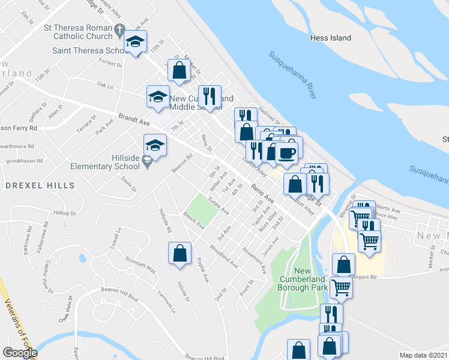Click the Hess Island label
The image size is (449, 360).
coord(330,38)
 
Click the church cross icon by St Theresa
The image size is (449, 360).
coord(119,28)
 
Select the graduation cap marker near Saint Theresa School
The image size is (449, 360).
coord(136,42)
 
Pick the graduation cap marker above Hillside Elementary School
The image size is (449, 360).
coord(155,145)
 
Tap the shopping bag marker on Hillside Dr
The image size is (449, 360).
coord(179,253)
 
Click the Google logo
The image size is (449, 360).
coord(19,353)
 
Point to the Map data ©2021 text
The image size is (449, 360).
coord(423,355)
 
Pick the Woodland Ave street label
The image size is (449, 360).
coord(224,256)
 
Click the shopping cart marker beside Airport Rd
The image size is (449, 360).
coord(341,287)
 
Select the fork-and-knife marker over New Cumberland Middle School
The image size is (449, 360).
coord(209,96)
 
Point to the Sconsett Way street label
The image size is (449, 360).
coord(140,267)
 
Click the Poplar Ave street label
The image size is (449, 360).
coord(202,271)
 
